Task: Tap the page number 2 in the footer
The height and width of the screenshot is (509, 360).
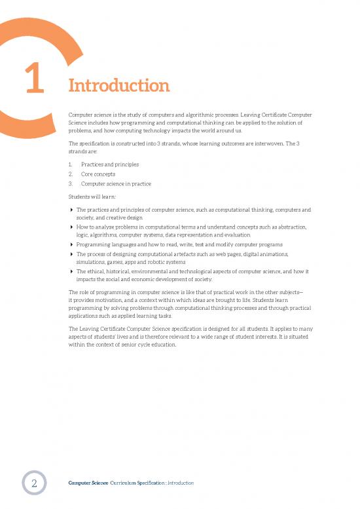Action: click(x=33, y=483)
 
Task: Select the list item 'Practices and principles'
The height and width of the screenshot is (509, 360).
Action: click(x=109, y=164)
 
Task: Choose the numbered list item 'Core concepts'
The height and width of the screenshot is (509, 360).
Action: click(x=99, y=174)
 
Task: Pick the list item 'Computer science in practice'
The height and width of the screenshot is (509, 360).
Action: click(x=116, y=184)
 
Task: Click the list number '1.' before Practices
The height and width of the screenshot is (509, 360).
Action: click(x=71, y=164)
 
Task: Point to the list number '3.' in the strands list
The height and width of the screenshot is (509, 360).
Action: click(x=71, y=184)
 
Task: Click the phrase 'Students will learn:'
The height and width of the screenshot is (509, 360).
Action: click(x=92, y=197)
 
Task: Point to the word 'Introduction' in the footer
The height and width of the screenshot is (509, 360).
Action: click(x=180, y=483)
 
